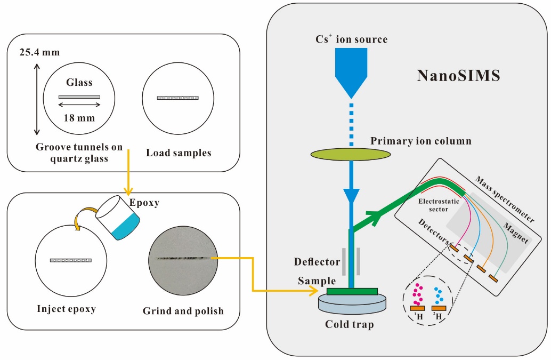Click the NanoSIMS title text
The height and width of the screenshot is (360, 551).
click(458, 76)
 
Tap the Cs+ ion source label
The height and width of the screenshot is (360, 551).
click(351, 39)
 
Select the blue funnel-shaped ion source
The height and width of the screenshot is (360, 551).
click(351, 69)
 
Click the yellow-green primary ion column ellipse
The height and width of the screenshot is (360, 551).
click(351, 154)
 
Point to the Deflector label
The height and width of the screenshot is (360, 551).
click(317, 262)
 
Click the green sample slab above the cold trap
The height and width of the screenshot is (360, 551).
click(352, 291)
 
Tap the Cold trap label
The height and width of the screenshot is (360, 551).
click(350, 324)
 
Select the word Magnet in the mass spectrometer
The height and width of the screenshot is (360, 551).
click(515, 233)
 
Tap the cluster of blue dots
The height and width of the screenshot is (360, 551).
click(439, 295)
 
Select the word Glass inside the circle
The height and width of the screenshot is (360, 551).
click(79, 83)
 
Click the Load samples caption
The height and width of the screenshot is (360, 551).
click(178, 153)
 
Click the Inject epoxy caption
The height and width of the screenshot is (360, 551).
click(70, 309)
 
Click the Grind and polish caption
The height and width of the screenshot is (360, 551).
click(183, 311)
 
